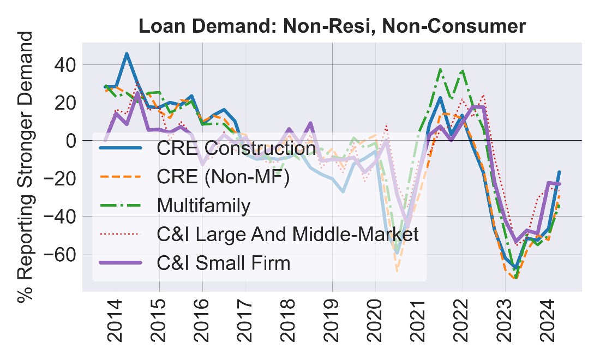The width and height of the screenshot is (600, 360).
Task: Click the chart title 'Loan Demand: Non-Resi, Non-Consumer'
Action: (332, 26)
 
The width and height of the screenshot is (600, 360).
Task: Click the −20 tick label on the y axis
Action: (60, 178)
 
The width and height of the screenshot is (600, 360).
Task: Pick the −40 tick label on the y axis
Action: (60, 217)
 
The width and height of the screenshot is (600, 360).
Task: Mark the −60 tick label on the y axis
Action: (60, 254)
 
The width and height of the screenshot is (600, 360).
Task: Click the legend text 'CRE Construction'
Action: (236, 148)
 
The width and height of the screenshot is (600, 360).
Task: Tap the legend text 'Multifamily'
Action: (203, 206)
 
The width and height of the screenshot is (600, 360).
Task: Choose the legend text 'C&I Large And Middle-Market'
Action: (287, 235)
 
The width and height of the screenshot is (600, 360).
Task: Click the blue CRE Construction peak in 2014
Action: (127, 54)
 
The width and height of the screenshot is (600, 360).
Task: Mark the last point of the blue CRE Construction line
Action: (559, 172)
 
